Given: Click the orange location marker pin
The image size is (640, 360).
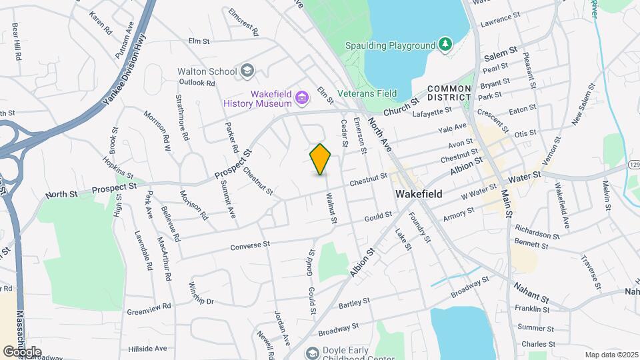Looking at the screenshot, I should [321, 159].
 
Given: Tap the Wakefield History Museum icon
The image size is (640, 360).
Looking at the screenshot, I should [302, 99].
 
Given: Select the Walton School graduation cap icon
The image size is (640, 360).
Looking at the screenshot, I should [247, 71].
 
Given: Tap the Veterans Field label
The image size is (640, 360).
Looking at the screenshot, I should [367, 93].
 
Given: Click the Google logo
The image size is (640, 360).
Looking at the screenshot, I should [22, 351].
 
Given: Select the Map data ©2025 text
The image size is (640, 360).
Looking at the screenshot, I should [611, 355].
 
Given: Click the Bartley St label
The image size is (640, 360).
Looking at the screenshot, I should [354, 303].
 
